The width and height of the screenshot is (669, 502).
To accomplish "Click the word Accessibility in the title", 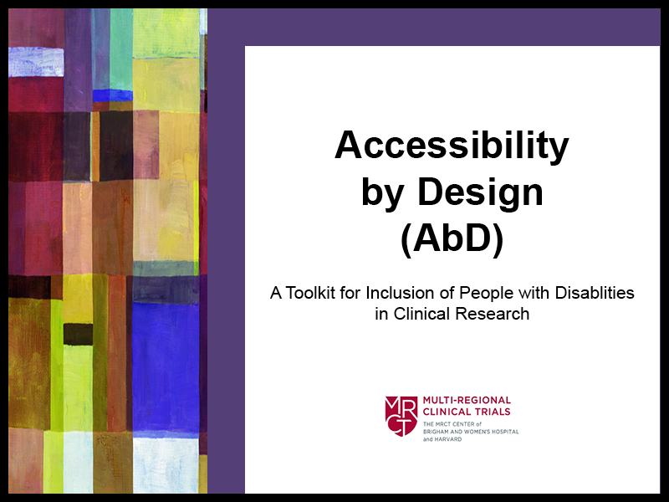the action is (452, 146).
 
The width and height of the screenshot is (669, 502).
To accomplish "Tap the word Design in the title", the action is (480, 192).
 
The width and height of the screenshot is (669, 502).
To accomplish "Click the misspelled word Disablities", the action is (595, 293).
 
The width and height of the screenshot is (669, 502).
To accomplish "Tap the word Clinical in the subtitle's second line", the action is (421, 314).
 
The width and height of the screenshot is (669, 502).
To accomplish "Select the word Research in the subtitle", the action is (493, 314).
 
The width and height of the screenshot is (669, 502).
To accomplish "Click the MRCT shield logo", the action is (401, 416).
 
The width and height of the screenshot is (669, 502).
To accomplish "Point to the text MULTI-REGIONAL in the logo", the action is (467, 401).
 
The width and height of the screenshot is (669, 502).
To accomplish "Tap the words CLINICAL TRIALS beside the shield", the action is (467, 412).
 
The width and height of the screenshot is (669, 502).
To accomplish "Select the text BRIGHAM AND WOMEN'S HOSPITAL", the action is (471, 432).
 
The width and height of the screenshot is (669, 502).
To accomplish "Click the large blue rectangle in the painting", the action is (166, 366).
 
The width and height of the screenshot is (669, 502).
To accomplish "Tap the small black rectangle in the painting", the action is (78, 334).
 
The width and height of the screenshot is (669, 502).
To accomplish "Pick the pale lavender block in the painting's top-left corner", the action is (36, 62).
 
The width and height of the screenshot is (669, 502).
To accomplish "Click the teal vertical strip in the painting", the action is (121, 49).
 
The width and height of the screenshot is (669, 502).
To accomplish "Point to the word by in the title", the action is (382, 194).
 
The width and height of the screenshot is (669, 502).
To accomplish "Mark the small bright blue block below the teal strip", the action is (113, 95).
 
